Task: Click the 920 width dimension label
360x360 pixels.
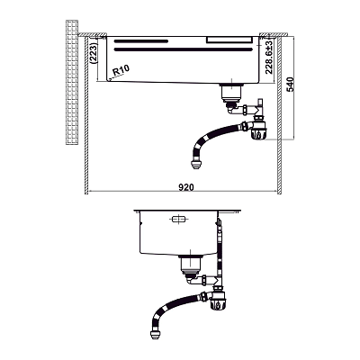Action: click(186, 187)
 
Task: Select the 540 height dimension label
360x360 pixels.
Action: click(290, 85)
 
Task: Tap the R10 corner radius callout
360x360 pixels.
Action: click(121, 71)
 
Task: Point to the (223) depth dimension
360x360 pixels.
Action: click(94, 54)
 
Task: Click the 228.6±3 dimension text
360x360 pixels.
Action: click(269, 58)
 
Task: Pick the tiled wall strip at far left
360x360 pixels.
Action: click(72, 83)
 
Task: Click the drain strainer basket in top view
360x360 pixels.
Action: click(231, 93)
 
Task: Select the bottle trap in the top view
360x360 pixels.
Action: click(258, 129)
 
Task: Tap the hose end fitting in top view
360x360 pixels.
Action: click(195, 165)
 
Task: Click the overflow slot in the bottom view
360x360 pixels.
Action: click(179, 220)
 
